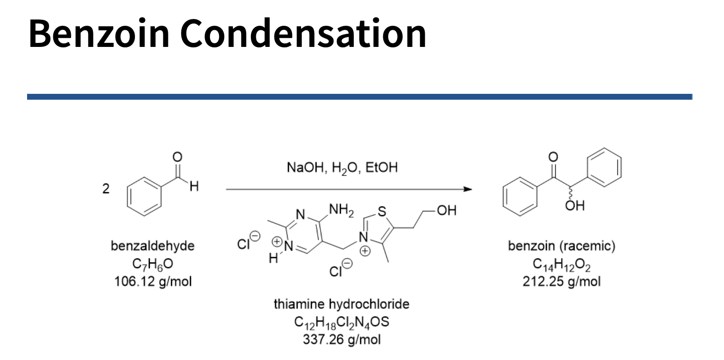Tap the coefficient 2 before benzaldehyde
point(106,189)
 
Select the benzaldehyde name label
point(153,246)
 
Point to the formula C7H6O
point(153,264)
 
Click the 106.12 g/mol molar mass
point(153,282)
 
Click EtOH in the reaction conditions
point(381,168)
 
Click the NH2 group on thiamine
point(341,210)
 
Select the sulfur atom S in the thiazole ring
point(382,212)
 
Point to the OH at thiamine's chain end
point(446,210)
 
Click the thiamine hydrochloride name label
point(341,304)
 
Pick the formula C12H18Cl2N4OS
point(341,322)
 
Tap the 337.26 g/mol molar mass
point(341,339)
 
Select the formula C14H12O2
point(561,264)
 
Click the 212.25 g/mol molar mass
point(561,282)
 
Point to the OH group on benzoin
point(575,206)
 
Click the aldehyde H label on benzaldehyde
point(194,186)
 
